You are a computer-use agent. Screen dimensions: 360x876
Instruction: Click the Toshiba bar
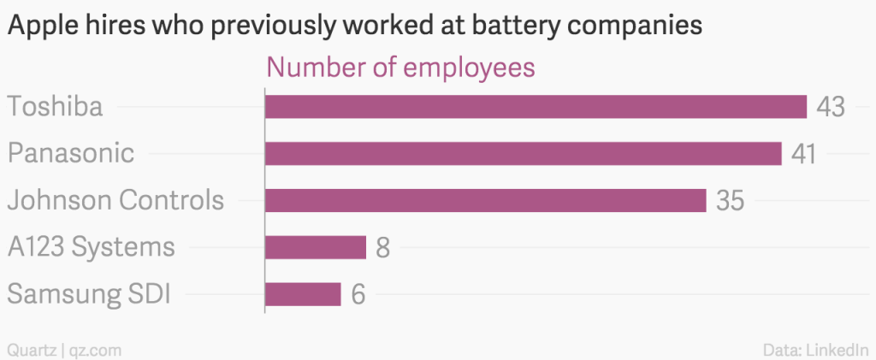pyautogui.click(x=536, y=107)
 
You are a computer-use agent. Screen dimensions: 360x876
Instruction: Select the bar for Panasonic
pyautogui.click(x=524, y=154)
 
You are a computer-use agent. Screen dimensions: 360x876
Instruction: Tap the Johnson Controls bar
pyautogui.click(x=485, y=201)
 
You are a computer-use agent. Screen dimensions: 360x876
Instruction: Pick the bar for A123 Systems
pyautogui.click(x=316, y=248)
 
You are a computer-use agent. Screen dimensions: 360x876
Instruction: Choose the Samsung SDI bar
pyautogui.click(x=303, y=294)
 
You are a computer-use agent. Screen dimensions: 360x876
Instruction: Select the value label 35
pyautogui.click(x=730, y=201)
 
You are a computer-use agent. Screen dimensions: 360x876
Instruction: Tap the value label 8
pyautogui.click(x=383, y=248)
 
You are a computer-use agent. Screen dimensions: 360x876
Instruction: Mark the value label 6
pyautogui.click(x=358, y=295)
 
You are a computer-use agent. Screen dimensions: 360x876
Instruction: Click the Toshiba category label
pyautogui.click(x=55, y=107)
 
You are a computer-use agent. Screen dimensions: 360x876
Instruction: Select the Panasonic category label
pyautogui.click(x=71, y=154)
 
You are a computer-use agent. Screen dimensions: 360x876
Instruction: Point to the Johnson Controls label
pyautogui.click(x=115, y=201)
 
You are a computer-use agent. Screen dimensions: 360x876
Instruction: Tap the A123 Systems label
pyautogui.click(x=91, y=248)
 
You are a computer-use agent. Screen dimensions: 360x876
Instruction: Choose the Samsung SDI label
pyautogui.click(x=89, y=295)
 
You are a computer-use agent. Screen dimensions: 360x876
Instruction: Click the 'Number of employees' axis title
pyautogui.click(x=401, y=68)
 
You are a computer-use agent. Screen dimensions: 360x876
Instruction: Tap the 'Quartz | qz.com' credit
pyautogui.click(x=63, y=349)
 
